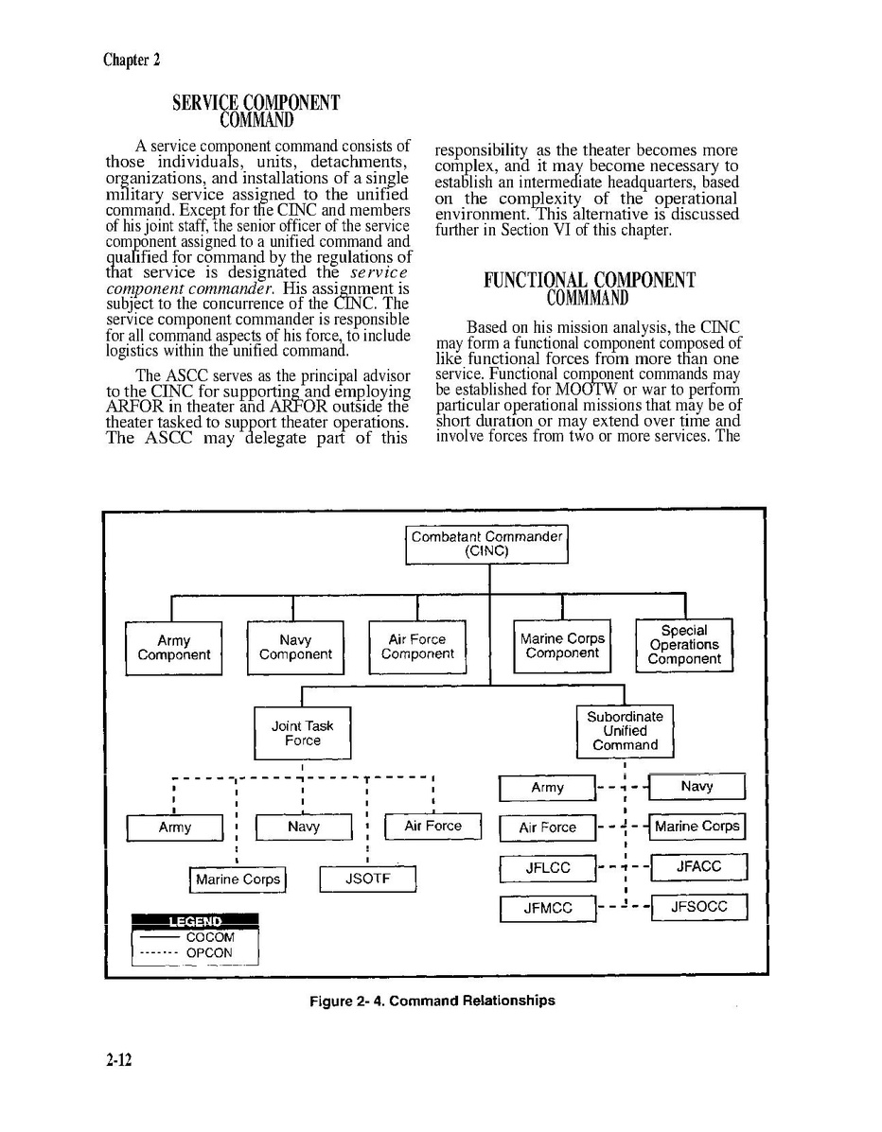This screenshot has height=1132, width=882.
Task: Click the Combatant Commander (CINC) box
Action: pyautogui.click(x=486, y=544)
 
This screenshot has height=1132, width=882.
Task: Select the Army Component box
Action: pyautogui.click(x=174, y=648)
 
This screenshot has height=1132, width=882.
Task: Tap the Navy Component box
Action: pyautogui.click(x=295, y=648)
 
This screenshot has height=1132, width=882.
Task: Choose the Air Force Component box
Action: pyautogui.click(x=417, y=647)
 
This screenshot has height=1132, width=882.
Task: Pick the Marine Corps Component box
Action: pyautogui.click(x=562, y=646)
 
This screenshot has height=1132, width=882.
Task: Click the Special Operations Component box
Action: pyautogui.click(x=684, y=645)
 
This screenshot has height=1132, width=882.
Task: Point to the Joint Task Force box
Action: pyautogui.click(x=303, y=733)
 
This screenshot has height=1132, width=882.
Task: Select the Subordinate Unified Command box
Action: pyautogui.click(x=625, y=731)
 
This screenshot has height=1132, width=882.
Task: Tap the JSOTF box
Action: pyautogui.click(x=367, y=879)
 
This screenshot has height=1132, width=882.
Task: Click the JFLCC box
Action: pyautogui.click(x=548, y=867)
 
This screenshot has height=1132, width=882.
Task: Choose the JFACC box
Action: pyautogui.click(x=699, y=866)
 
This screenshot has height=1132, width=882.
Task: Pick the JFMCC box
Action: pyautogui.click(x=548, y=908)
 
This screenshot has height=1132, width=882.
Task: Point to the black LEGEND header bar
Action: pyautogui.click(x=195, y=921)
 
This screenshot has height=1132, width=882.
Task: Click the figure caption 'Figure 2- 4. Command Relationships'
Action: pyautogui.click(x=432, y=1001)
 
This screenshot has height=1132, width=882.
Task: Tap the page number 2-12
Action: pyautogui.click(x=118, y=1060)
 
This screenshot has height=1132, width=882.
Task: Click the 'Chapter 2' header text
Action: pyautogui.click(x=132, y=61)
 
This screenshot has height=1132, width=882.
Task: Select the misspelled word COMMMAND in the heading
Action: pyautogui.click(x=588, y=298)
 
